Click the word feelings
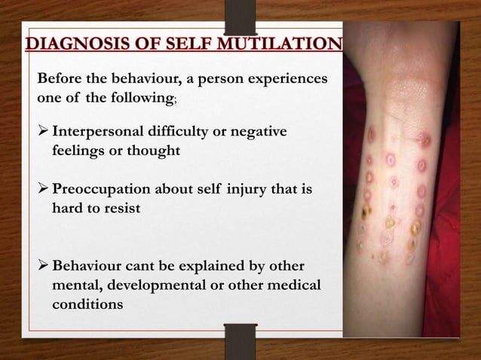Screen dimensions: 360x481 (80, 151)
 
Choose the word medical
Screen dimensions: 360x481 (295, 287)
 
